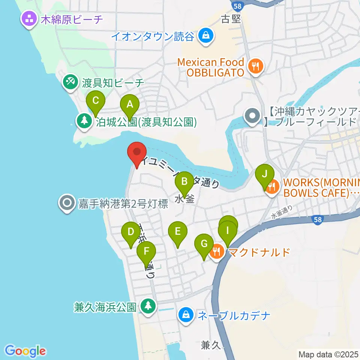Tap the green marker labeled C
96,101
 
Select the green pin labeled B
184,182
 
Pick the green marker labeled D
130,232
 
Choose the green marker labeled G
204,244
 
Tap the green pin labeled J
265,175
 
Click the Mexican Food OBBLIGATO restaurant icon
256,66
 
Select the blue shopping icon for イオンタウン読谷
206,36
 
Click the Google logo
25,351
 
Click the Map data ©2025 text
328,354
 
